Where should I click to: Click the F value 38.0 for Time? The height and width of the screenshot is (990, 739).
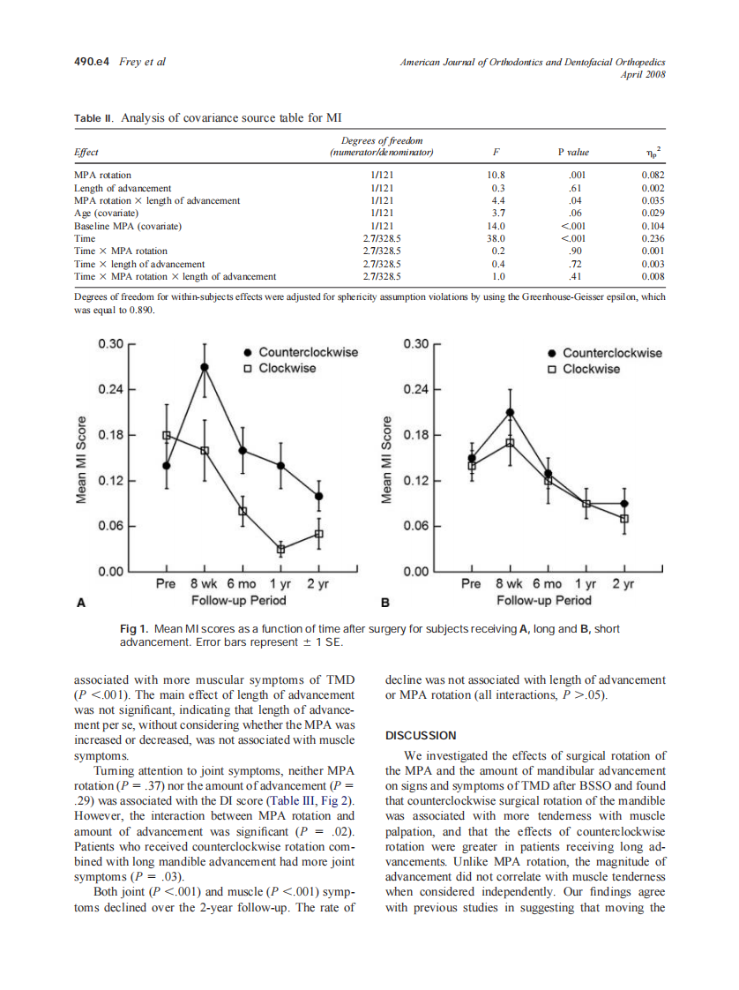point(496,238)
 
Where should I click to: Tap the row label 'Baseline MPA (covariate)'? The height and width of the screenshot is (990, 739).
point(128,226)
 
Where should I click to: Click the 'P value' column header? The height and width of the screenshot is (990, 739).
point(573,152)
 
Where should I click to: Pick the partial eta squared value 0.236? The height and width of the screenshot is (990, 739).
point(653,238)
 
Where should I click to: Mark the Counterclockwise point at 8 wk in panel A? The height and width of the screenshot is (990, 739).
point(205,366)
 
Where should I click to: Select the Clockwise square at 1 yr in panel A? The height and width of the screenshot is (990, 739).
point(281,549)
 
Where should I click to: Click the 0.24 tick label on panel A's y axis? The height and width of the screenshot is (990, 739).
point(110,389)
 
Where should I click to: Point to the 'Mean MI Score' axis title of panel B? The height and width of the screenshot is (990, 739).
point(385,460)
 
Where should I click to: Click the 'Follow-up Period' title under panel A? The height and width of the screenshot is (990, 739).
point(239,601)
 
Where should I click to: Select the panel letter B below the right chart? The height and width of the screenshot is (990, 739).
point(384,604)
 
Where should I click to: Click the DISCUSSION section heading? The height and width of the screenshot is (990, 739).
point(422,735)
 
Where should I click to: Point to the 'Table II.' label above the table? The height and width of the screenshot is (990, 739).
point(93,117)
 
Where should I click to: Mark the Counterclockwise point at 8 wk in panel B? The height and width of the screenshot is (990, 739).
point(510,412)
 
